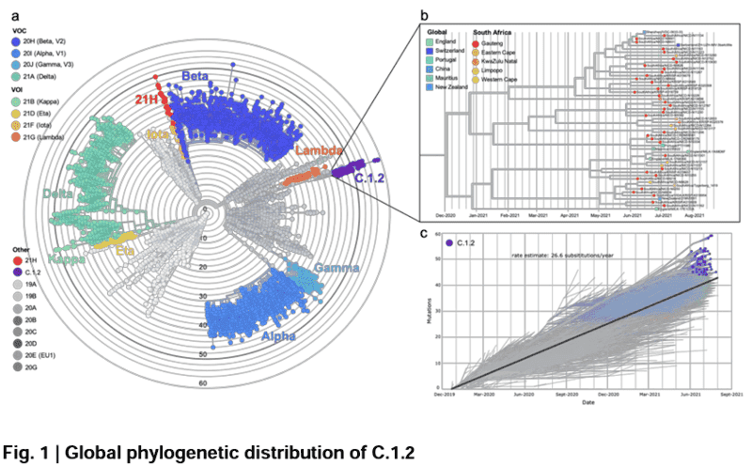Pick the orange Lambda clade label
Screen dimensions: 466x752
[x=318, y=152]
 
